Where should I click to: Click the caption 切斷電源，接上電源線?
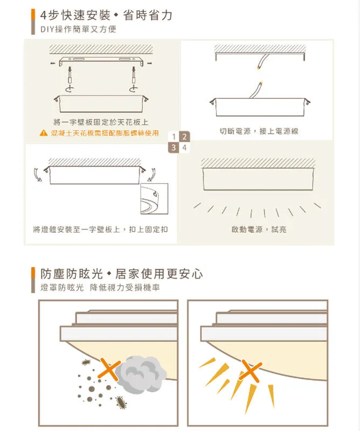pyautogui.click(x=259, y=131)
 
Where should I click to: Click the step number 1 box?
pyautogui.click(x=174, y=136)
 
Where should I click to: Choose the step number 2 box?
pyautogui.click(x=184, y=136)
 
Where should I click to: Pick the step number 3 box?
pyautogui.click(x=174, y=147)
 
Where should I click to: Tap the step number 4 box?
pyautogui.click(x=184, y=147)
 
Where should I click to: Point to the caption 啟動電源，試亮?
pyautogui.click(x=259, y=230)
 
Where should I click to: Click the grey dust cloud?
pyautogui.click(x=139, y=374)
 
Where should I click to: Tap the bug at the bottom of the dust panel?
pyautogui.click(x=120, y=401)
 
